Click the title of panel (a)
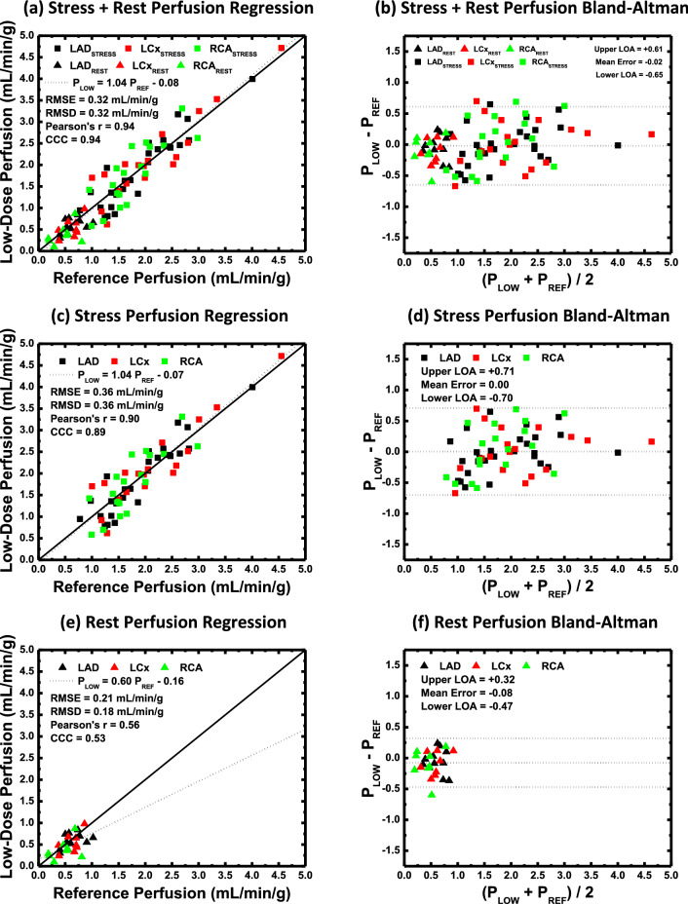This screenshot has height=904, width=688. click(172, 12)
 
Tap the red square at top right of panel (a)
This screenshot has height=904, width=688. click(282, 48)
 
